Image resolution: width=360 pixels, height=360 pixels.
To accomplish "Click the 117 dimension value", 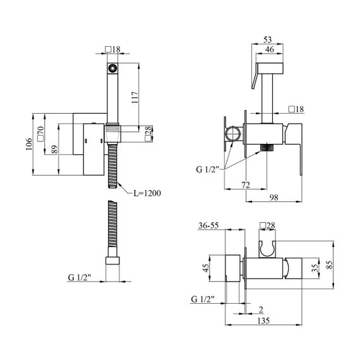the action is click(135, 97).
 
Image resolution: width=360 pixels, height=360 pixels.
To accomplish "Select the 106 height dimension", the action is click(29, 144).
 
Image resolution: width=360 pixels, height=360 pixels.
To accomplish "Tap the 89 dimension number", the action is click(55, 150).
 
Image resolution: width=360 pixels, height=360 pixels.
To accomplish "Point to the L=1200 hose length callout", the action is click(147, 193).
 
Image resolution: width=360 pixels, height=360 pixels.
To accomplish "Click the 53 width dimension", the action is click(268, 40).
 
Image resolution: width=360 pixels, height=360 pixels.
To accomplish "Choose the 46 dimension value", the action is click(269, 49).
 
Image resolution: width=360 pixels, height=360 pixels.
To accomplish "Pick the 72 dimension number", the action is click(246, 185).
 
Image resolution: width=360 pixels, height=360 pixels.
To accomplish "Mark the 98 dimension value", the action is click(273, 197).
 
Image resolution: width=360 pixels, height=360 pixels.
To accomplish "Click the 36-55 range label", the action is click(208, 225).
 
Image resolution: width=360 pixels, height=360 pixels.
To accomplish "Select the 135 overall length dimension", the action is click(263, 320).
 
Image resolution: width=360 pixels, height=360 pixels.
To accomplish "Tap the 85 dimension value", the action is click(330, 265).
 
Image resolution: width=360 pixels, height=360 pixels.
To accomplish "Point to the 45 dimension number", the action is click(206, 268).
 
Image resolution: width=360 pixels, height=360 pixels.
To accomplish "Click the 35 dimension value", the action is click(316, 268).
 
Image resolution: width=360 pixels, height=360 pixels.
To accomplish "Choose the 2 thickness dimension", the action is click(261, 309).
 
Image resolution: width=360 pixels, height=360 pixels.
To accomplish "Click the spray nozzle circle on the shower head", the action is click(112, 68).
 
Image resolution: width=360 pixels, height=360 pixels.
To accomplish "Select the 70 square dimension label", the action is click(40, 134).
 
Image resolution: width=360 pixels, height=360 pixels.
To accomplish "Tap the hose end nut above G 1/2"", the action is click(112, 261).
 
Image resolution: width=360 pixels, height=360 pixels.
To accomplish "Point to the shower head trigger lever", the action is click(255, 76).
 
